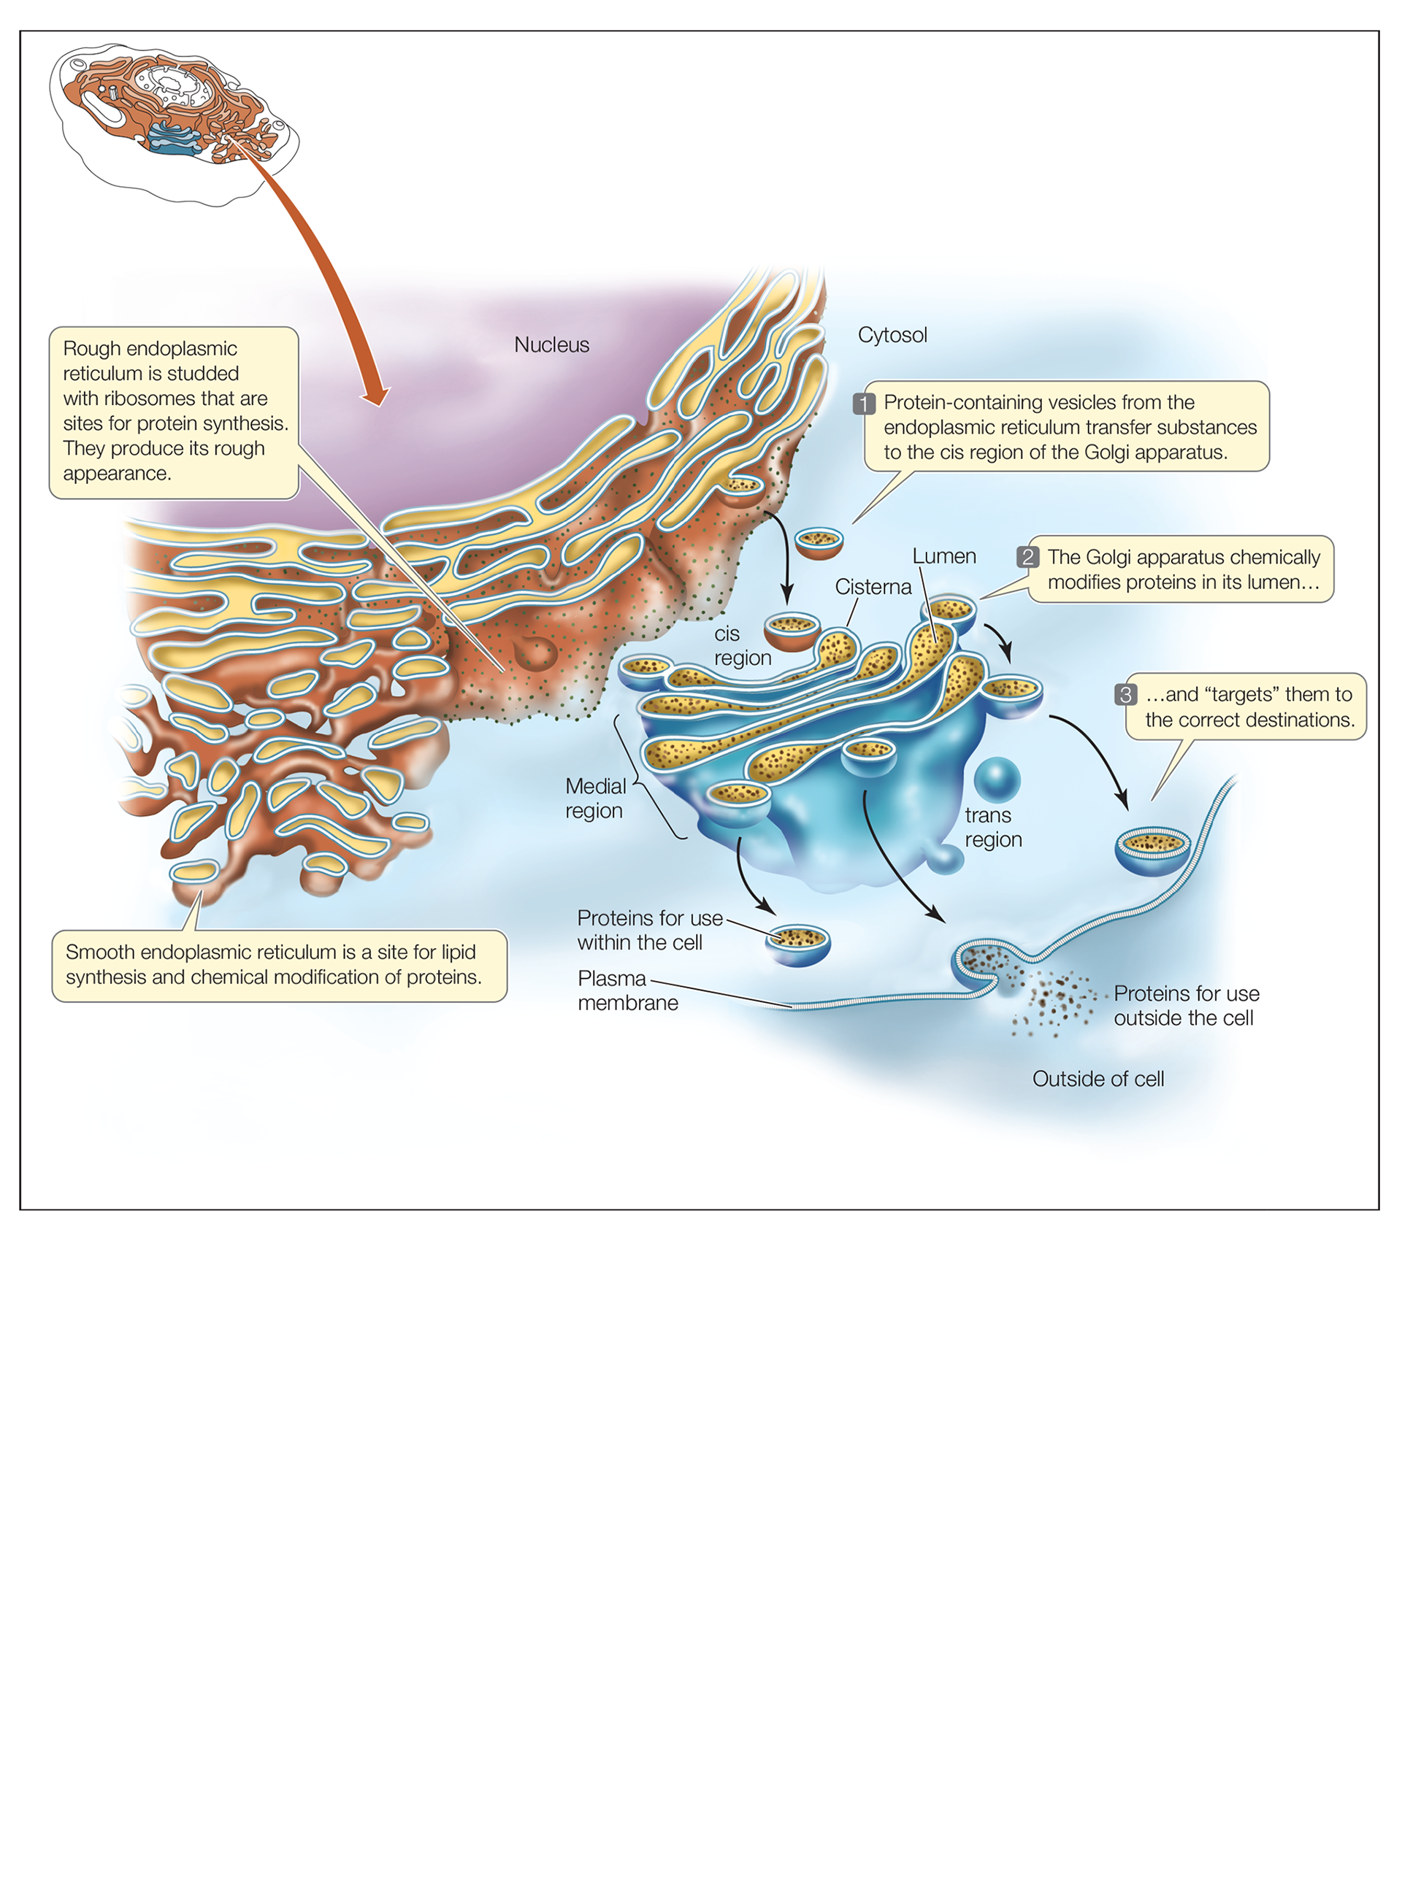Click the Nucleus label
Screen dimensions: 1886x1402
551,345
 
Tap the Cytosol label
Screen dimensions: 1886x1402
892,335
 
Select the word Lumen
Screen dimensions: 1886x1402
943,557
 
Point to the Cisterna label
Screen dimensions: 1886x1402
873,587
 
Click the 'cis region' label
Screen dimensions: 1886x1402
742,646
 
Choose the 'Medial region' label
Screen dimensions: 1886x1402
595,798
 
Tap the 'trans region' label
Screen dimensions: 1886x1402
993,827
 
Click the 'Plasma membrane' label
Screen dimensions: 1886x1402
627,991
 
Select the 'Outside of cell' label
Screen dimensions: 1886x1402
1098,1079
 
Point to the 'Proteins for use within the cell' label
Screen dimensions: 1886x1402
649,930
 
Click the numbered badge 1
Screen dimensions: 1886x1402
864,404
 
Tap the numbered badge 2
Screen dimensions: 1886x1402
1027,558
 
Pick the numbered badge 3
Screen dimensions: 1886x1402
1125,695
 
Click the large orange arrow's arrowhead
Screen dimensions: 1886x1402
375,395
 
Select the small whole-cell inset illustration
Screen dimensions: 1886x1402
174,119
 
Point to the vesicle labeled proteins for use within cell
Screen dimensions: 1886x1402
797,945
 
